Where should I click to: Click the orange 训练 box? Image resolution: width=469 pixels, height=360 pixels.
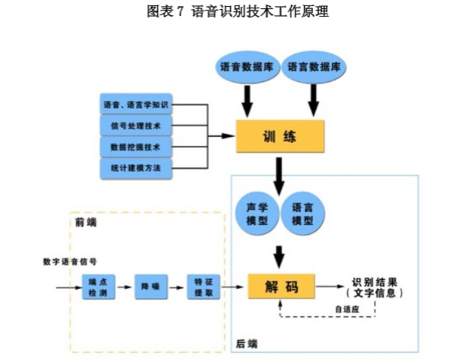(x=280, y=137)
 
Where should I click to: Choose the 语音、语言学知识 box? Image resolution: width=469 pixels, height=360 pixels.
(x=135, y=105)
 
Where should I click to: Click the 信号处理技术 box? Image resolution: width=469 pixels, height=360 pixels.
(x=135, y=126)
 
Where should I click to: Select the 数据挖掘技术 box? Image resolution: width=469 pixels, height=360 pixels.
(x=135, y=147)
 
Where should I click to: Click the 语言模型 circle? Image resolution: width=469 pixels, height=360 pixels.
(x=303, y=213)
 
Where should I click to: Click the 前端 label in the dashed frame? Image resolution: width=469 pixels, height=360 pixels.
(x=83, y=222)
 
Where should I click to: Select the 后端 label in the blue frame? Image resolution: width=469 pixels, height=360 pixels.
(x=246, y=344)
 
